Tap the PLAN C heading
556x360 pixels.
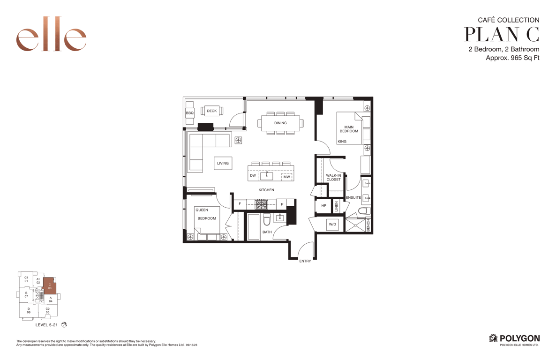point(502,34)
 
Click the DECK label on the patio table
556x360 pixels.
point(212,111)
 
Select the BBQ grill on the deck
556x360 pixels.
point(190,113)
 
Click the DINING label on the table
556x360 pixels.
point(280,123)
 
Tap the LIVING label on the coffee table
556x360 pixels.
point(223,164)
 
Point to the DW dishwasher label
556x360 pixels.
point(253,176)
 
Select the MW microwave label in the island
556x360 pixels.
point(287,177)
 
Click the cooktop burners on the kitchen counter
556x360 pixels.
point(261,204)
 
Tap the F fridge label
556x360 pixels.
point(240,204)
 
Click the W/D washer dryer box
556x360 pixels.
point(332,225)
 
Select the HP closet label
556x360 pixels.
point(324,206)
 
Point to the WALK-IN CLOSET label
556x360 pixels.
point(334,177)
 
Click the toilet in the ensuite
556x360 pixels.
point(364,211)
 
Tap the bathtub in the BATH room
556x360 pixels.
point(254,226)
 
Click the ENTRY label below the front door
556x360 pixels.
point(305,261)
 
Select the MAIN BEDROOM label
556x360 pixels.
point(349,129)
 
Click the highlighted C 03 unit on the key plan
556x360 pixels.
point(50,286)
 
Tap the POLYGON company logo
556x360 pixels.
point(515,339)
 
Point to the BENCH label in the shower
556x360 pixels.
point(368,225)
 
